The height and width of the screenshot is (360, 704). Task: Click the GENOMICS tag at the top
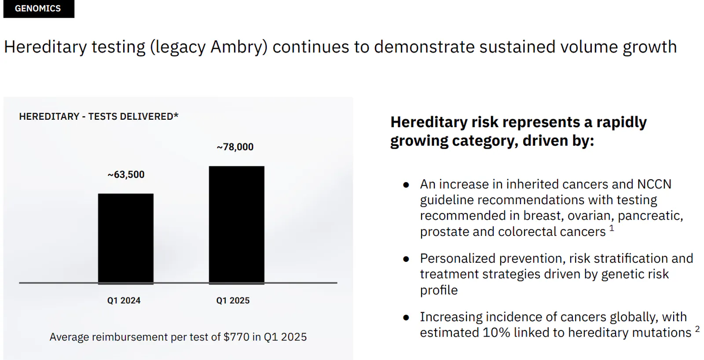(38, 9)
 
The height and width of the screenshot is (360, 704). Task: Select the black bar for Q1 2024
(126, 238)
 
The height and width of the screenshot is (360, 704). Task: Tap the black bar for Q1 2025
(237, 224)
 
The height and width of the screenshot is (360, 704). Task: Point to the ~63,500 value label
(126, 175)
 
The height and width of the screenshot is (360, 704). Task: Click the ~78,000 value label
(235, 147)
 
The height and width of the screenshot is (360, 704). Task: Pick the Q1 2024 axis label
(124, 301)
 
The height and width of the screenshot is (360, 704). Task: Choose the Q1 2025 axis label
(233, 301)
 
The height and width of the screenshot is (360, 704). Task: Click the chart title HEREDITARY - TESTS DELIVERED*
(99, 117)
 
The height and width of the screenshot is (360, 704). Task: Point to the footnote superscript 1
(612, 228)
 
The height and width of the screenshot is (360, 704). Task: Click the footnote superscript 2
(697, 329)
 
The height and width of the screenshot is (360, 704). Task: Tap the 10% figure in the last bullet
(496, 333)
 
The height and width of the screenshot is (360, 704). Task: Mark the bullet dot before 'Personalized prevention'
(406, 259)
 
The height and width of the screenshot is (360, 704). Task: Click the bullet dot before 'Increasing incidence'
(406, 317)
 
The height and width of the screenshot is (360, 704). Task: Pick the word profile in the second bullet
(439, 290)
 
